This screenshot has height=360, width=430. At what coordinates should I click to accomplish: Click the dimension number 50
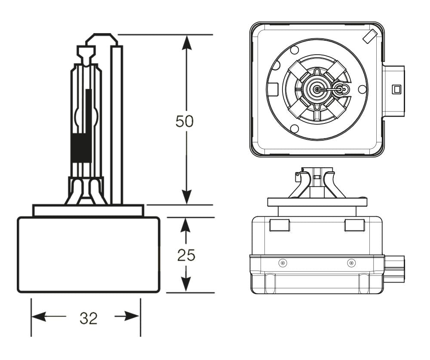[x=184, y=122]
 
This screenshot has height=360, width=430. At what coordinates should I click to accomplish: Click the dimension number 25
[x=186, y=255]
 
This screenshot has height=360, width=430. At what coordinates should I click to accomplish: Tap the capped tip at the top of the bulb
[x=102, y=39]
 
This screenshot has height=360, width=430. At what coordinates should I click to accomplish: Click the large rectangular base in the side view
[x=89, y=255]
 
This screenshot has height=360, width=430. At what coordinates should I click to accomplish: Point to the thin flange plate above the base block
[x=88, y=210]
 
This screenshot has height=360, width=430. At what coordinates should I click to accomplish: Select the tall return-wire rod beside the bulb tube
[x=117, y=125]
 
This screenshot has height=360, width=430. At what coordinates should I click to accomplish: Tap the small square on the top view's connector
[x=396, y=89]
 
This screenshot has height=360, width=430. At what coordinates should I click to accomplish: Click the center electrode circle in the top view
[x=317, y=89]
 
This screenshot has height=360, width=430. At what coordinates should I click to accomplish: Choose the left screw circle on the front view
[x=283, y=263]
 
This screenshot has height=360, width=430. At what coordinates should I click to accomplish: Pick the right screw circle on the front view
[x=352, y=263]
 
